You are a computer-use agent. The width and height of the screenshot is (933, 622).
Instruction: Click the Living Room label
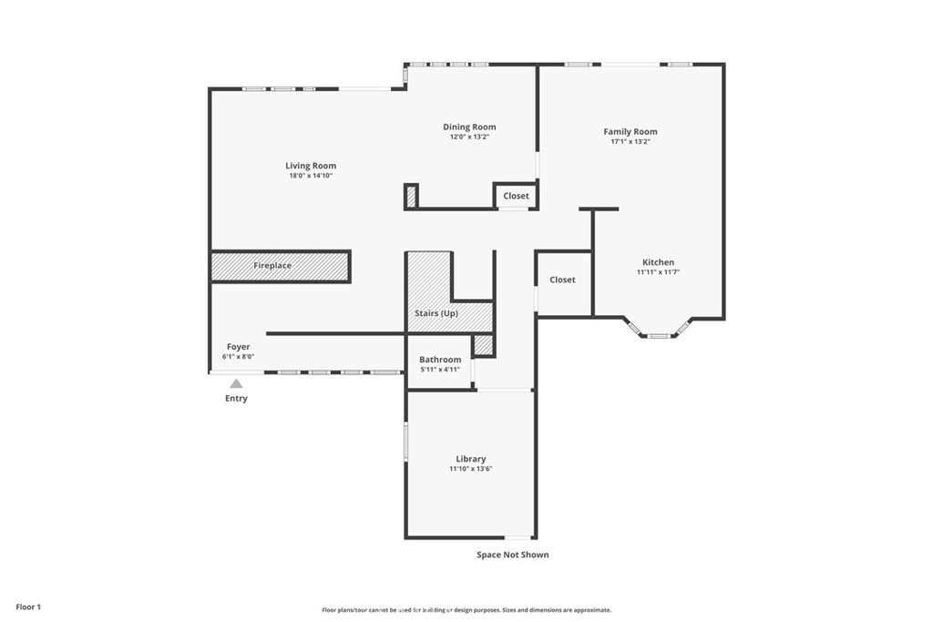pyautogui.click(x=311, y=166)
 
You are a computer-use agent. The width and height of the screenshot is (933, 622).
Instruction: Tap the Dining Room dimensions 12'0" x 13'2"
pyautogui.click(x=469, y=137)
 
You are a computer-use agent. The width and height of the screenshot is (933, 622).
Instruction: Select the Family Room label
pyautogui.click(x=631, y=132)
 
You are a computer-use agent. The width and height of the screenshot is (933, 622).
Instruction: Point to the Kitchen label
pyautogui.click(x=658, y=262)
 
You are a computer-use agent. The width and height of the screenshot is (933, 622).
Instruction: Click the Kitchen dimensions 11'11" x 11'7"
pyautogui.click(x=658, y=272)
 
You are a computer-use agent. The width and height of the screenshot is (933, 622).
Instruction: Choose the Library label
pyautogui.click(x=471, y=459)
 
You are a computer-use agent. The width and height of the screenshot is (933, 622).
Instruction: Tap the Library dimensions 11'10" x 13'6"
pyautogui.click(x=471, y=469)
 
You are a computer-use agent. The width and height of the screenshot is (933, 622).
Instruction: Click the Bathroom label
pyautogui.click(x=440, y=360)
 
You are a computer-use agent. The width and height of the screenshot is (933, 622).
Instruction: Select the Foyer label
pyautogui.click(x=238, y=347)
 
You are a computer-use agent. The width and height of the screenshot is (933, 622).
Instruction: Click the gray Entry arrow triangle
pyautogui.click(x=236, y=384)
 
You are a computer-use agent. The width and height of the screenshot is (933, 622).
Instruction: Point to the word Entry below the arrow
pyautogui.click(x=236, y=398)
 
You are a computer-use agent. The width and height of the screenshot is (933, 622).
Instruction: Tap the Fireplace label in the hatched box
pyautogui.click(x=272, y=266)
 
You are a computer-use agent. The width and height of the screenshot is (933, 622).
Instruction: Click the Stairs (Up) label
pyautogui.click(x=436, y=313)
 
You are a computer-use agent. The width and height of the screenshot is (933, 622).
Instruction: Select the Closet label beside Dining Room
pyautogui.click(x=516, y=196)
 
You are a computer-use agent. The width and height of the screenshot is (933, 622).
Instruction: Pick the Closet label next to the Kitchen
pyautogui.click(x=562, y=280)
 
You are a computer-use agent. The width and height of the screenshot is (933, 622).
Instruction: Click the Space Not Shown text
pyautogui.click(x=512, y=555)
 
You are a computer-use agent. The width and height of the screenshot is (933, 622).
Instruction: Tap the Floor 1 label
pyautogui.click(x=28, y=607)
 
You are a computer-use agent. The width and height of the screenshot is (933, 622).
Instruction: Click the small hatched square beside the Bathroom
pyautogui.click(x=484, y=345)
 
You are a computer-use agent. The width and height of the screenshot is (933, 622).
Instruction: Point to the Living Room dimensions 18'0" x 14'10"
pyautogui.click(x=311, y=176)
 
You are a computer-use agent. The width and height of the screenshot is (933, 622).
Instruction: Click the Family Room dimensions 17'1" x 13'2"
pyautogui.click(x=631, y=142)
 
